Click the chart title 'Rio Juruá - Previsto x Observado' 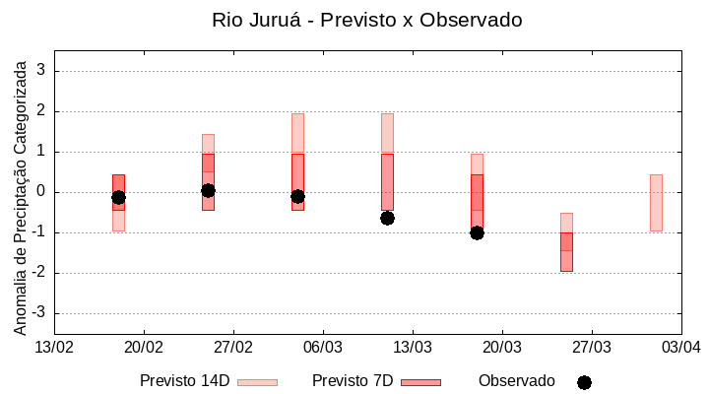coord(367,20)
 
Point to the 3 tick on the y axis coord(41,71)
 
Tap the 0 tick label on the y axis coord(41,192)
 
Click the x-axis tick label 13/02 coord(54,347)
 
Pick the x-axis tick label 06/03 coord(323,347)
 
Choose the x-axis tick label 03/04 coord(680,347)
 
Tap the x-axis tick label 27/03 coord(591,347)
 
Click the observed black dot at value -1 coord(477,232)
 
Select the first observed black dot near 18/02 coord(118,197)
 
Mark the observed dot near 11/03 coord(387,218)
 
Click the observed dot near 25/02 coord(208,190)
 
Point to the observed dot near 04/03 coord(297,196)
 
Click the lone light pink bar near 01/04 coord(656,202)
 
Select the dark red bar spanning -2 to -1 coord(566,252)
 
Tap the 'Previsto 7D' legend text coord(353,381)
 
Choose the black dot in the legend coord(584,382)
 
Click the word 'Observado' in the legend coord(517,381)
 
